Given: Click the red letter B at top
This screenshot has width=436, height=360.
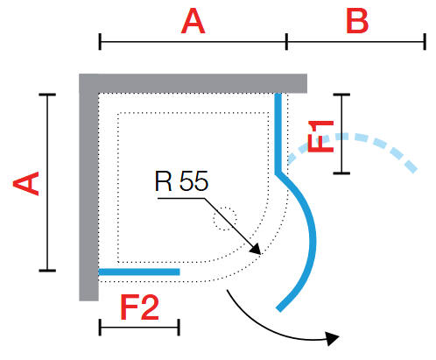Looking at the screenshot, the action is pos(357,20).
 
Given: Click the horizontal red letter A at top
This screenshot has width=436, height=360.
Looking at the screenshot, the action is pos(193,21).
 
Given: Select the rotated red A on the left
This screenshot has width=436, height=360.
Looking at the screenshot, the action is pos(26,183).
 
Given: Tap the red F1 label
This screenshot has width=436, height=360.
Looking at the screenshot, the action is pos(320,137).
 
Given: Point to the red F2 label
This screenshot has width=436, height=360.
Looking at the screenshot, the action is pos(140,307).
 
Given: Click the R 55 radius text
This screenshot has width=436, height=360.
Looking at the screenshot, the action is pos(181,181).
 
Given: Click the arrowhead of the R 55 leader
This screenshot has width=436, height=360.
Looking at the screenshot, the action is pos(256,249).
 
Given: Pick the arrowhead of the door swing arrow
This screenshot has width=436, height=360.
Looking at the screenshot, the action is pos(332,338).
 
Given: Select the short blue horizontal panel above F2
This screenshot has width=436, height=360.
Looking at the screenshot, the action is pos(139,272).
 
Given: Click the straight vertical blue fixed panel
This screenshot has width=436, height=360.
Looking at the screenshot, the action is pos(278,134).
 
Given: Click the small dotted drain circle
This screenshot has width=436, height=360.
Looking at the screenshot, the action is pos(224,219).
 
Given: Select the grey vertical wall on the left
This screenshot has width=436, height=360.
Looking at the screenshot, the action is pos(88,187).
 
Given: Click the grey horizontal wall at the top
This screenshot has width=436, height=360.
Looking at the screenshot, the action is pos(193,83).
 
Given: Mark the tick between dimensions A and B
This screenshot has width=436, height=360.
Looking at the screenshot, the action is pos(286,42).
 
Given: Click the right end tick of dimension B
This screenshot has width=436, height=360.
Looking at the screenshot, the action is pos(425,42).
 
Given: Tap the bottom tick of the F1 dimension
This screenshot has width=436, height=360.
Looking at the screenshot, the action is pos(341,173).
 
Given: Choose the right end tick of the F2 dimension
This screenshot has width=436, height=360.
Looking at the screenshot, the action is pos(179,328).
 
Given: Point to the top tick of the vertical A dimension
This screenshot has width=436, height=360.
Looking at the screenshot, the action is pos(47,95).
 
